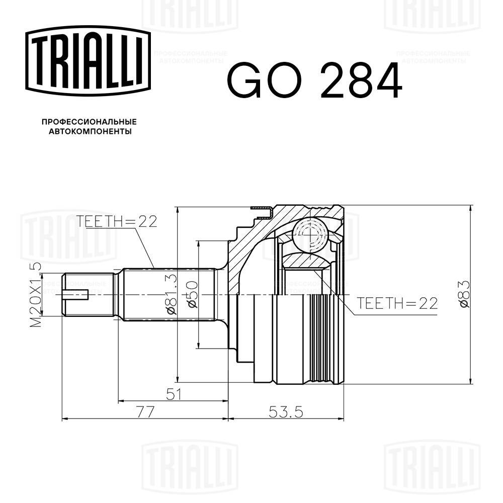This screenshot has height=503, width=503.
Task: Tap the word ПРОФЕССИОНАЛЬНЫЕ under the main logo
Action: tap(89, 122)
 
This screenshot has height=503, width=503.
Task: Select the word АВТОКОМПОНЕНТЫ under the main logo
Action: tap(90, 132)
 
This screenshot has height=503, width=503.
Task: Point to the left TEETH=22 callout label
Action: tap(117, 221)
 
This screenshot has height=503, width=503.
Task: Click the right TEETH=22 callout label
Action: tap(397, 303)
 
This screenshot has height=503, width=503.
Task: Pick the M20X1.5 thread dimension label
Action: tap(36, 295)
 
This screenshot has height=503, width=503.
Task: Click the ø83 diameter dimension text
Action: tap(464, 295)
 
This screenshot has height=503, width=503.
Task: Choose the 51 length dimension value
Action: tap(173, 394)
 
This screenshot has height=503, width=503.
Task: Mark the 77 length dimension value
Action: tap(145, 411)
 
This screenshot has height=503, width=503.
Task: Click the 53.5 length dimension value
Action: tap(286, 411)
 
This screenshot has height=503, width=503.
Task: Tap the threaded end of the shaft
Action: tap(88, 295)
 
